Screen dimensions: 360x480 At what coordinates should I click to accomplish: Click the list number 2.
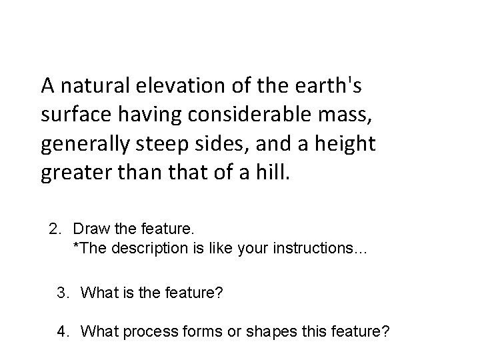pyautogui.click(x=55, y=230)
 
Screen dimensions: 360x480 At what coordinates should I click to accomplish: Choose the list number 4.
pyautogui.click(x=63, y=331)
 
